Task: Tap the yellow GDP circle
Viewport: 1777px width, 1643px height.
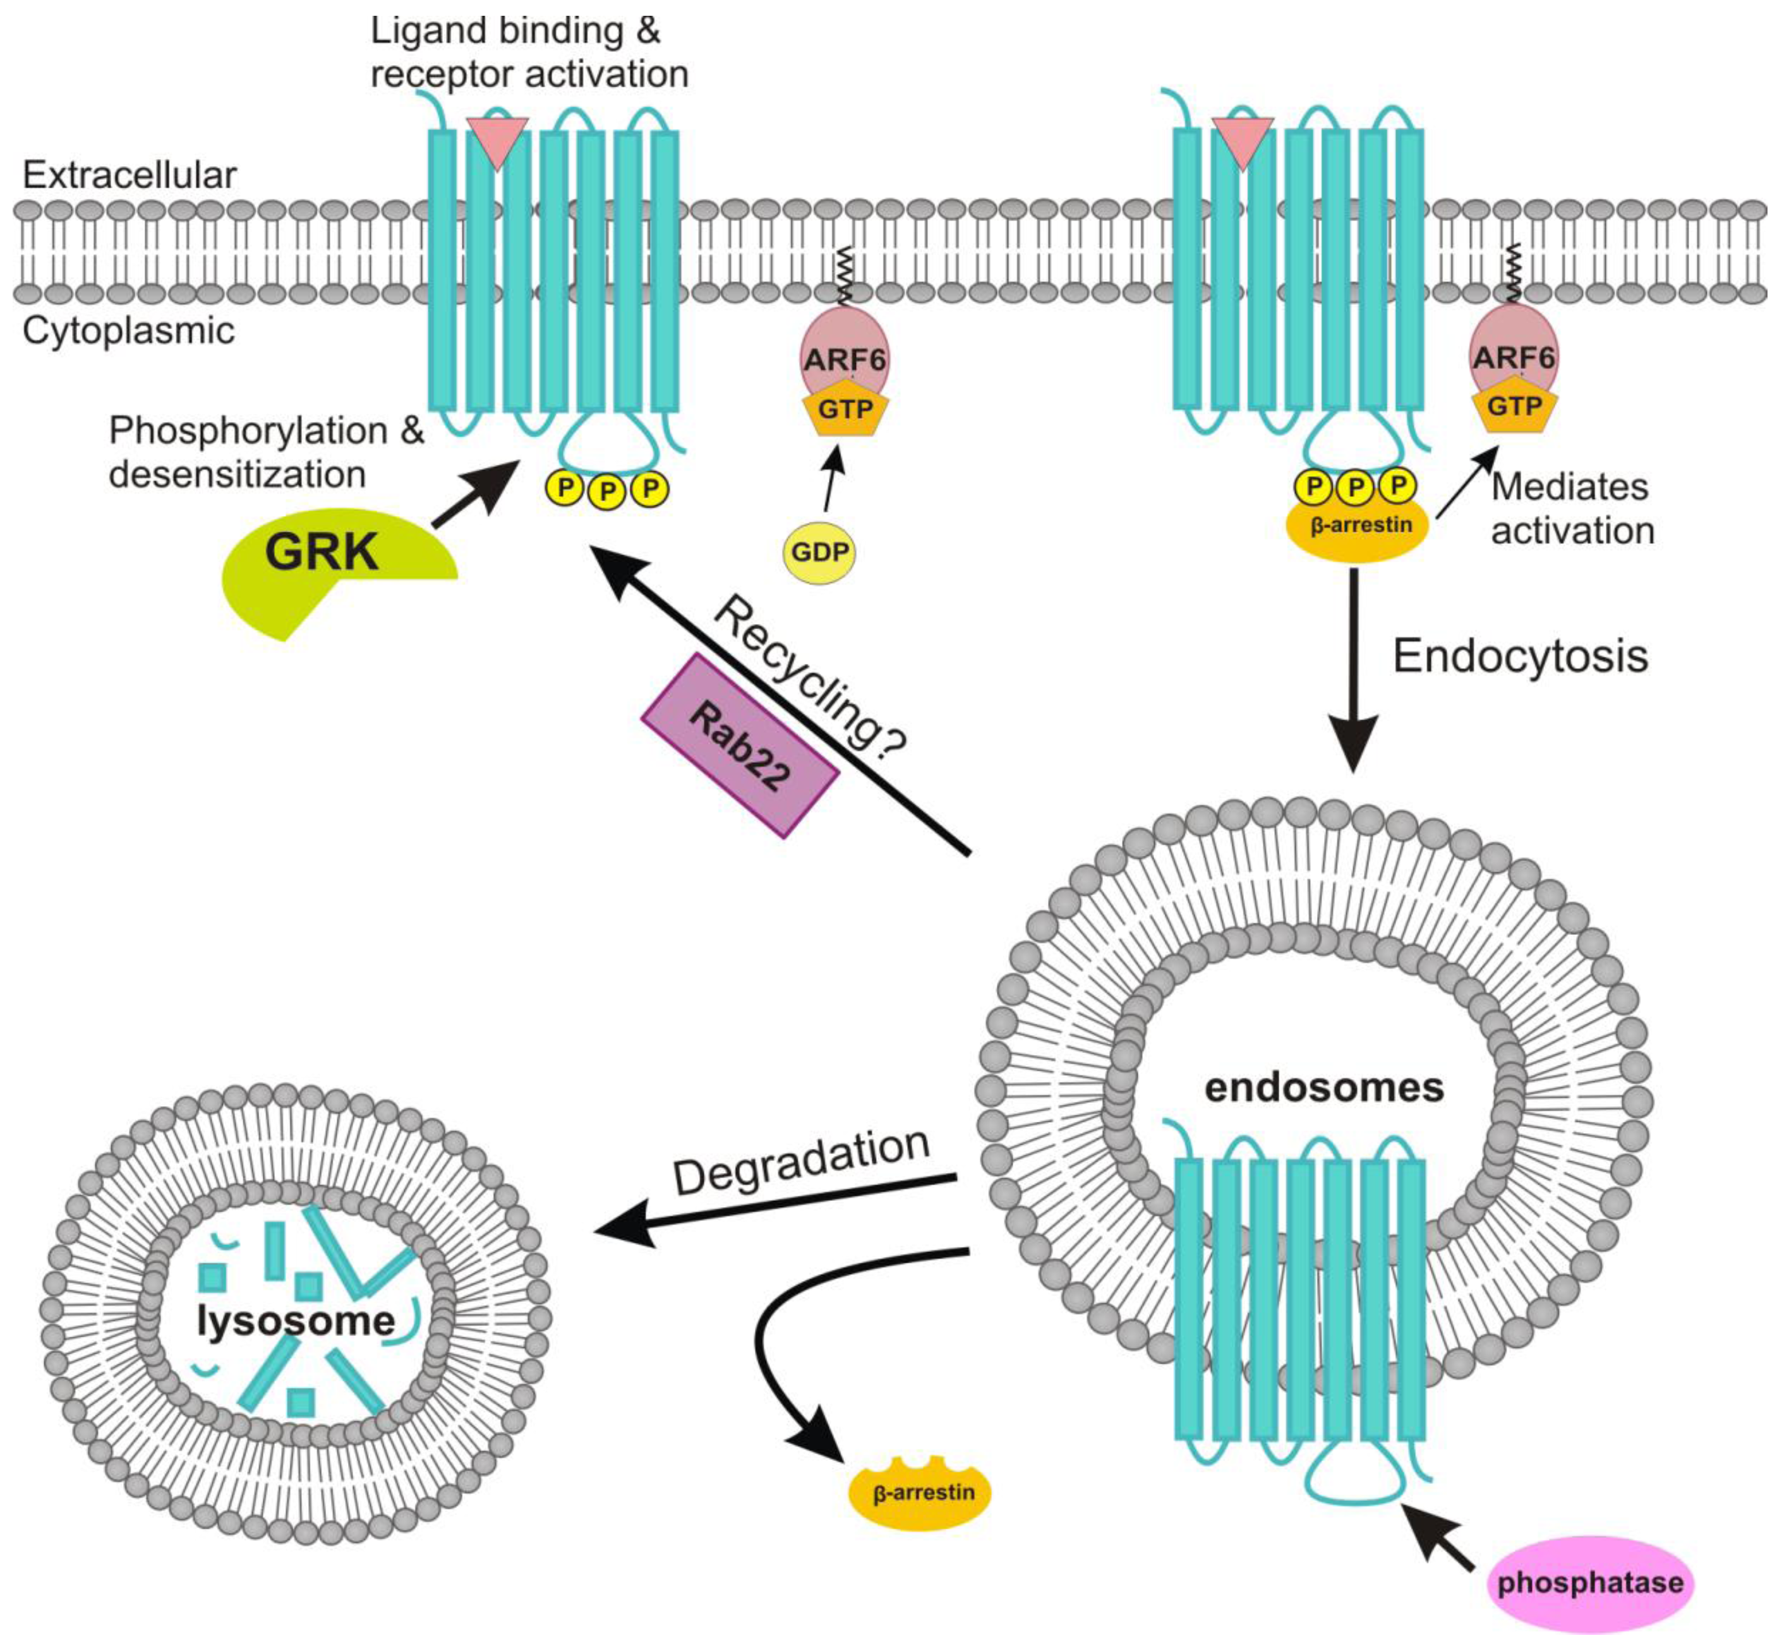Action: pyautogui.click(x=819, y=552)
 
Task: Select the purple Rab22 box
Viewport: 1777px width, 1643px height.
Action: pyautogui.click(x=740, y=745)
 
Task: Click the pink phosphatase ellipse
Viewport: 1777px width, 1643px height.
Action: pyautogui.click(x=1590, y=1582)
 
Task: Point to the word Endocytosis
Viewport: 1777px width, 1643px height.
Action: pyautogui.click(x=1520, y=656)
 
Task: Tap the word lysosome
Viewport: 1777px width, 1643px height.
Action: pyautogui.click(x=296, y=1320)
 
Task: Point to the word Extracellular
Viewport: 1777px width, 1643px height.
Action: pyautogui.click(x=130, y=175)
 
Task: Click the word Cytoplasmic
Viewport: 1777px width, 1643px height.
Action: pyautogui.click(x=129, y=331)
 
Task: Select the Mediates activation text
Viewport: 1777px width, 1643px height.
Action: pyautogui.click(x=1572, y=509)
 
